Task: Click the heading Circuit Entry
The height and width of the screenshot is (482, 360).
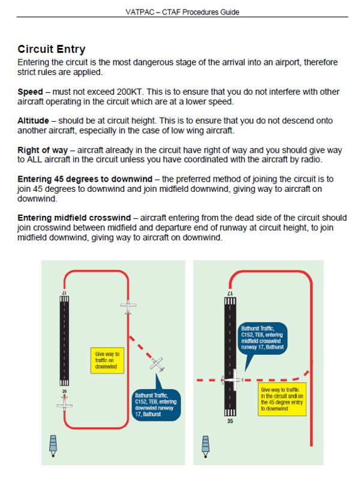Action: point(52,49)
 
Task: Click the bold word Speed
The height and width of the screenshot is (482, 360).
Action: point(29,92)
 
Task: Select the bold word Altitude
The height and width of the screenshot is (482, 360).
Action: point(33,121)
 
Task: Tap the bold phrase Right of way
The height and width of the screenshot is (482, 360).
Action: point(43,150)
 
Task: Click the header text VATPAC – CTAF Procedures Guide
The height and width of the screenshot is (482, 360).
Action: point(179,12)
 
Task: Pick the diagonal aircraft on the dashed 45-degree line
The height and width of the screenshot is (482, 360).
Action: point(157,363)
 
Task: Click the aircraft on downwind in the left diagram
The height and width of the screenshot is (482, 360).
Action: point(127,307)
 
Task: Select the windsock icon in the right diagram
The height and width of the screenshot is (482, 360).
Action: point(207,444)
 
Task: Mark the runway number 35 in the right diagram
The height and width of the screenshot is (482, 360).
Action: point(229,421)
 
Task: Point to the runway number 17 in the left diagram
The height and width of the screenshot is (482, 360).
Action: point(64,292)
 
